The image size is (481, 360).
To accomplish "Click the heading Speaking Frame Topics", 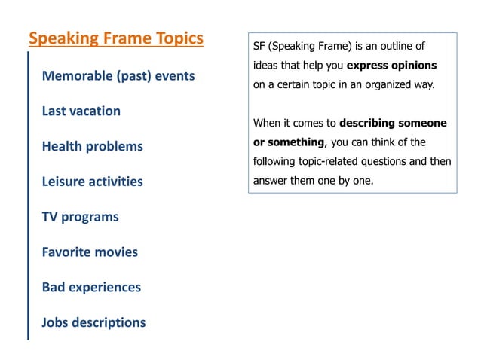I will tap(115, 38).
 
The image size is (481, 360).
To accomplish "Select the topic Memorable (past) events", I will tap(118, 76).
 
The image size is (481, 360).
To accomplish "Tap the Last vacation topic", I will tap(81, 111).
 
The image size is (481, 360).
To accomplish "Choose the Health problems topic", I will tap(92, 146).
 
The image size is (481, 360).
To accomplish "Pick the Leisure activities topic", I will tap(92, 182).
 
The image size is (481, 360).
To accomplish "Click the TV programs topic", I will tap(80, 217).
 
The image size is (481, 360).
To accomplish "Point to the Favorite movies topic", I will tap(90, 252).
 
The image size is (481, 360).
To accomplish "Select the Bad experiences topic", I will tap(91, 288).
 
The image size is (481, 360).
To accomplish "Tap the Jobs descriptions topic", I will tap(93, 323).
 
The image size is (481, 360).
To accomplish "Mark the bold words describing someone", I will tap(393, 123).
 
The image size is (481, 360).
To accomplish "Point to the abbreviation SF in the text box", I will tap(259, 46).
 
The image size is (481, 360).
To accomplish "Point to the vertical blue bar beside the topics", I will tap(29, 196).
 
